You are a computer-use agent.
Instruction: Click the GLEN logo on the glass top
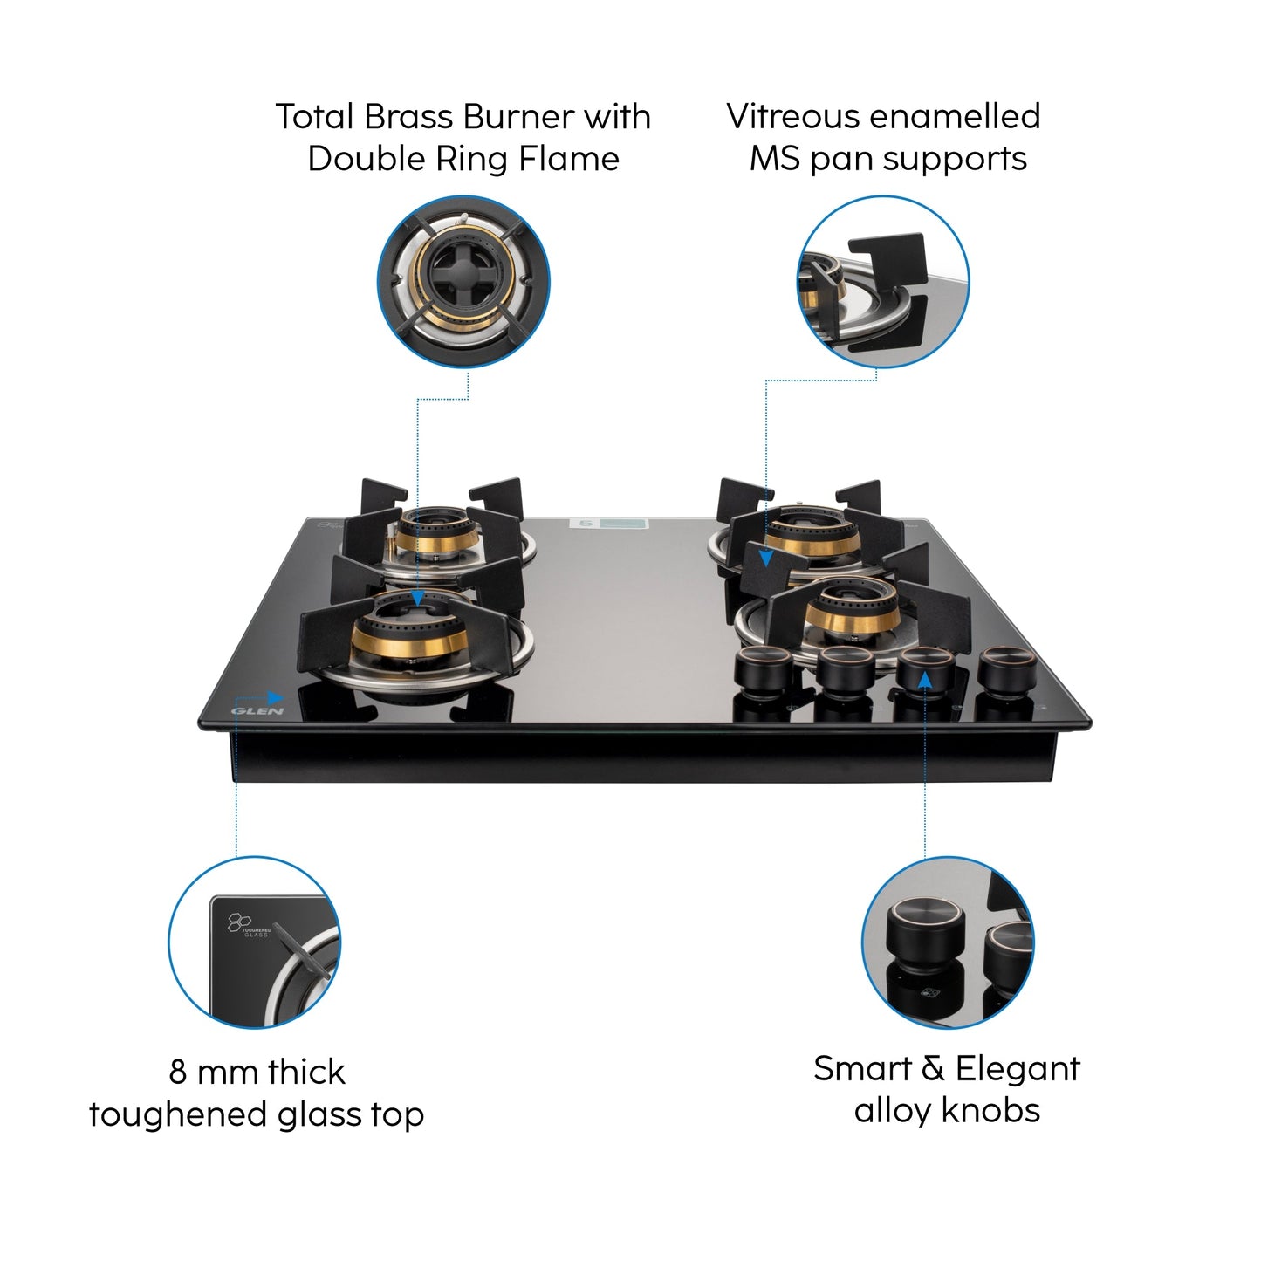coord(257,711)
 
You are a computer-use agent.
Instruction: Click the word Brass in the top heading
coord(407,117)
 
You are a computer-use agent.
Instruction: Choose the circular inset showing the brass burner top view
coord(463,282)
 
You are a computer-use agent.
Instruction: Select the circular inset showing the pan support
coord(883,282)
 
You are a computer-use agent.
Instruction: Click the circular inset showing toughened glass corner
coord(254,942)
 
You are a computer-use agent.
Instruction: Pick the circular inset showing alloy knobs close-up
coord(948,942)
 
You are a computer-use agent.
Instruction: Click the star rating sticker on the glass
coord(607,524)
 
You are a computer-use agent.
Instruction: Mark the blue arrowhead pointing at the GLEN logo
coord(276,698)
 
